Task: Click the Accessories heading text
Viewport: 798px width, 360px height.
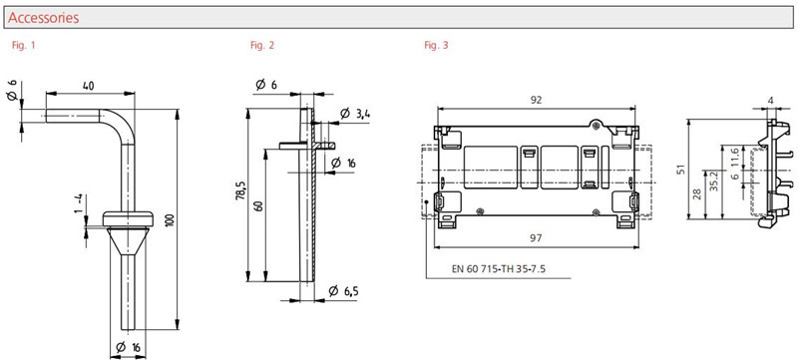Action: click(x=43, y=18)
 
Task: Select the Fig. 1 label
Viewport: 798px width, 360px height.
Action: click(x=23, y=45)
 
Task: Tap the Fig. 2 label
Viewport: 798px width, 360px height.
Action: click(x=262, y=45)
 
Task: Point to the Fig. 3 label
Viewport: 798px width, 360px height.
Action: click(x=436, y=45)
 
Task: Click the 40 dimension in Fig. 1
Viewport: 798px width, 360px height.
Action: click(x=89, y=86)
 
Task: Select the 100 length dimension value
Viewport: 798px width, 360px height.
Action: click(x=170, y=220)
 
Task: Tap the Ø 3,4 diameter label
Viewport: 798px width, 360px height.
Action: click(x=355, y=114)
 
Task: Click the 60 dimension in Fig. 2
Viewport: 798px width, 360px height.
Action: click(x=260, y=206)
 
